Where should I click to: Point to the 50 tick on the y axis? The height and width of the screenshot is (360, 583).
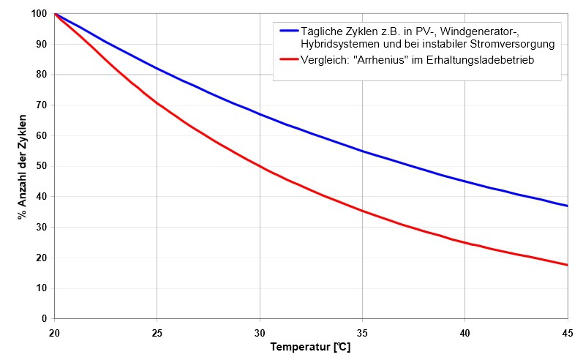click(41, 166)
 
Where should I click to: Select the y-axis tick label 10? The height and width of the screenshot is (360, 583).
click(41, 288)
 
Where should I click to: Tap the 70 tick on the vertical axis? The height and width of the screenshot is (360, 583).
click(41, 105)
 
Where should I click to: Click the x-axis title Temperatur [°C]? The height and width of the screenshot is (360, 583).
click(310, 346)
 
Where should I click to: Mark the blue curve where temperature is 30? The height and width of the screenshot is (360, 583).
click(260, 114)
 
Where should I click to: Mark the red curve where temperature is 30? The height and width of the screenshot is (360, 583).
click(260, 166)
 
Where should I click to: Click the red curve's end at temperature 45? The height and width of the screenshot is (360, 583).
click(567, 265)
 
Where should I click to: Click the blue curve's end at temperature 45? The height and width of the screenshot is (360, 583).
click(567, 206)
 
